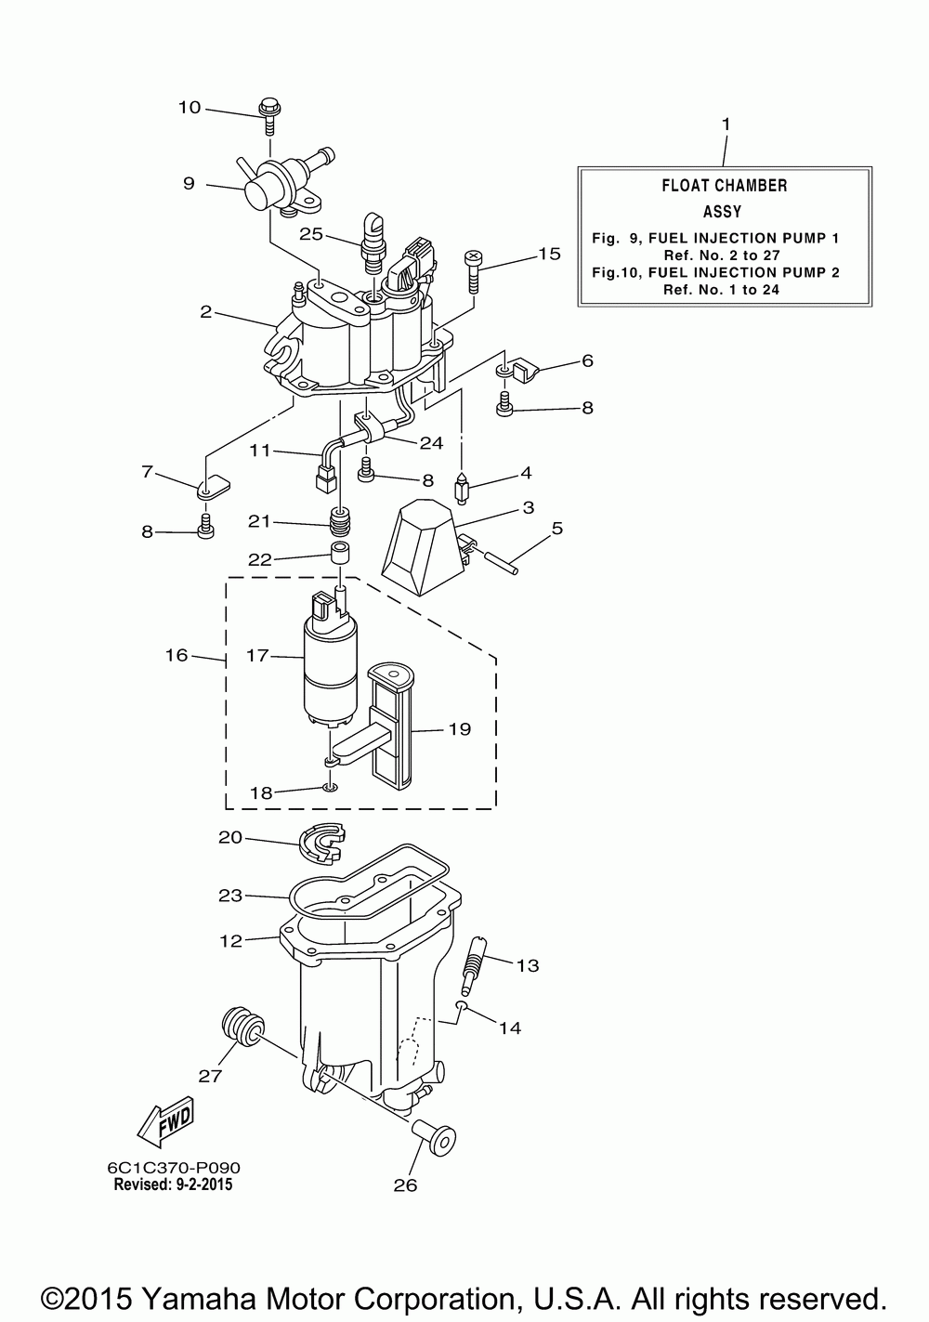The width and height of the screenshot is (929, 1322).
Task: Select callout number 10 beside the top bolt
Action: tap(189, 108)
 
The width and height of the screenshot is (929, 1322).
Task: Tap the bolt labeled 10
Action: tap(270, 111)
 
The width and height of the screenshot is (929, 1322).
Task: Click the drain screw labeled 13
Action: tap(473, 964)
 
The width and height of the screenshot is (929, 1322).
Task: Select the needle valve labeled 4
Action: tap(460, 488)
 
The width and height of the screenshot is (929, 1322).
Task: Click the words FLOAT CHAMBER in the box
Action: tap(725, 186)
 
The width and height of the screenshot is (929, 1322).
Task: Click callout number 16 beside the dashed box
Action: tap(177, 656)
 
